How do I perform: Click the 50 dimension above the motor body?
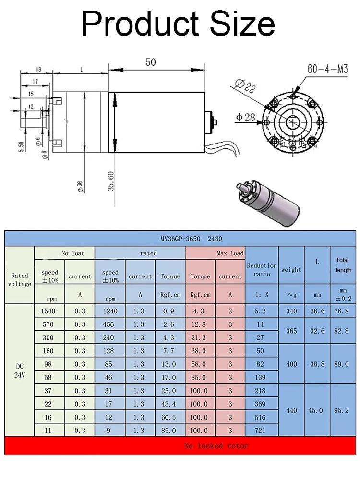pyautogui.click(x=150, y=62)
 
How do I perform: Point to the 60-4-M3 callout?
pyautogui.click(x=327, y=69)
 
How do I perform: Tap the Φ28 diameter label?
pyautogui.click(x=245, y=117)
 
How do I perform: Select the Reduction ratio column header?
pyautogui.click(x=262, y=270)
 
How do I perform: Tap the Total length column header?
pyautogui.click(x=343, y=265)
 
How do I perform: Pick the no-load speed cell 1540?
pyautogui.click(x=49, y=311)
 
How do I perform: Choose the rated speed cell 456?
pyautogui.click(x=110, y=324)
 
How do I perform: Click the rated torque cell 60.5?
pyautogui.click(x=170, y=417)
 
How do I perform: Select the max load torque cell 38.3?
pyautogui.click(x=200, y=351)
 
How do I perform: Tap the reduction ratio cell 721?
pyautogui.click(x=260, y=431)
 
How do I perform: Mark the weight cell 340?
pyautogui.click(x=291, y=311)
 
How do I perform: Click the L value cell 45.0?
pyautogui.click(x=317, y=410)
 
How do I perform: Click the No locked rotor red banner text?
pyautogui.click(x=216, y=446)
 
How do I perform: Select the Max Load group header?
pyautogui.click(x=230, y=253)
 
